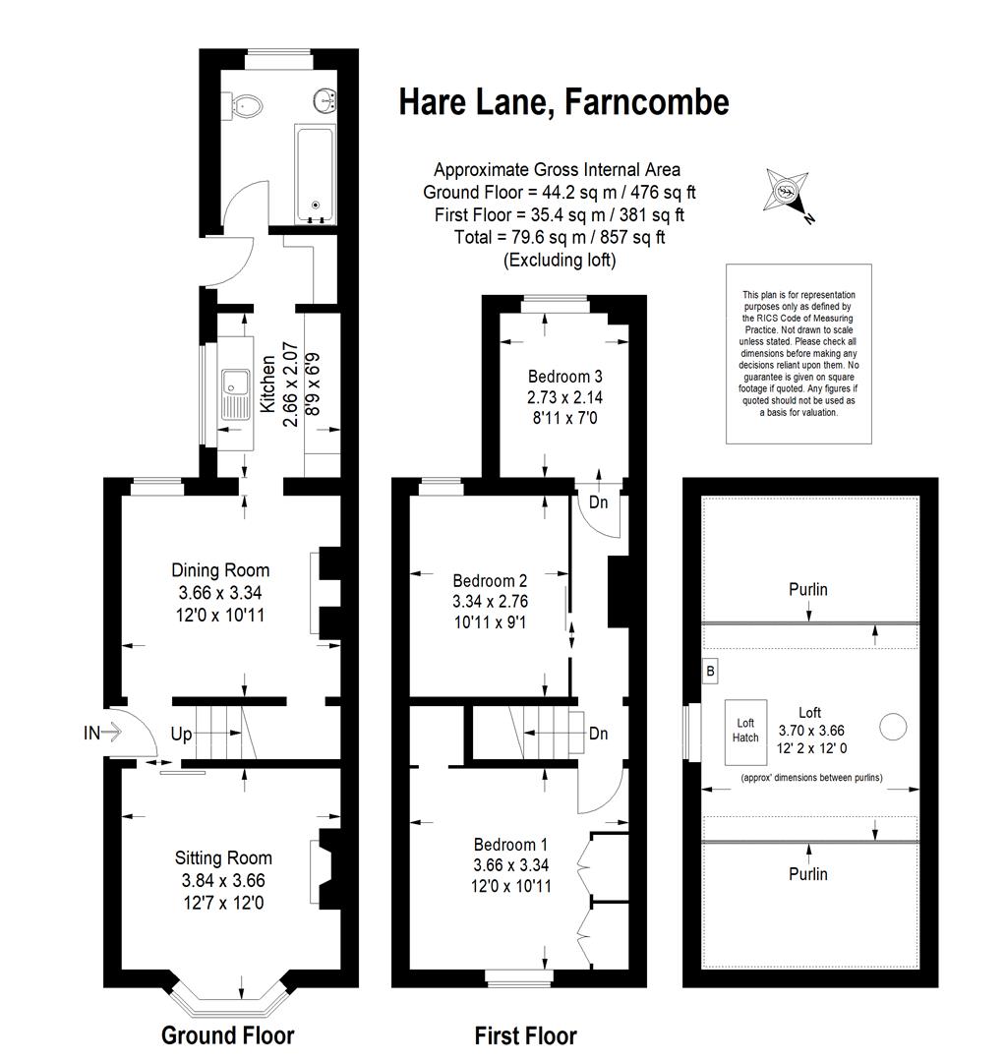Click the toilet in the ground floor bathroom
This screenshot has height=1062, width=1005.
click(247, 104)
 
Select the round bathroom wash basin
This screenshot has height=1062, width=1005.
click(325, 99)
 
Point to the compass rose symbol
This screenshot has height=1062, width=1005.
click(787, 192)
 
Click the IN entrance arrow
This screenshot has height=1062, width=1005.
click(101, 732)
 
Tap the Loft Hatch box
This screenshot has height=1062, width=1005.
click(745, 732)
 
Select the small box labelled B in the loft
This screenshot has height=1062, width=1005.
click(711, 672)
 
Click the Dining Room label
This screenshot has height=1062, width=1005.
click(220, 570)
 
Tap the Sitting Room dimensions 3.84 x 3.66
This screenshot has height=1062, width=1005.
click(223, 880)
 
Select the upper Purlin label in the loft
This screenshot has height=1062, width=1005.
click(808, 590)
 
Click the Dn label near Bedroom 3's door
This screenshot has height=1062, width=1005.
click(599, 501)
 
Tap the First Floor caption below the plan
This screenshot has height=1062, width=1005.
click(525, 1035)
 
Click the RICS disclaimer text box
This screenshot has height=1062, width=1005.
click(798, 354)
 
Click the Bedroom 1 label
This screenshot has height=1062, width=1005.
click(510, 845)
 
